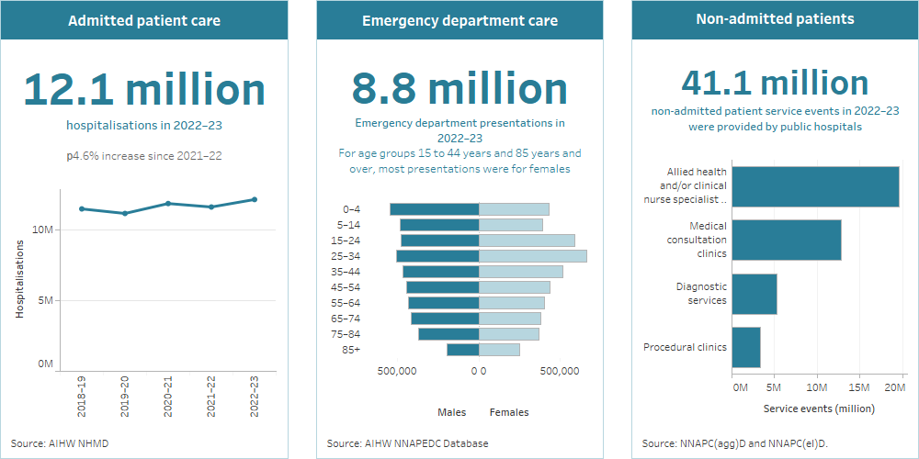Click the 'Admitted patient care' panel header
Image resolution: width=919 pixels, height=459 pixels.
[x=143, y=20]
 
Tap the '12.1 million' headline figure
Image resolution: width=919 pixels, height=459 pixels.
[x=143, y=89]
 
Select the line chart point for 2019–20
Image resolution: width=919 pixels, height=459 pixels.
[x=125, y=213]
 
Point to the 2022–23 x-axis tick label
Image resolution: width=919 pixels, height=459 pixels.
[x=255, y=397]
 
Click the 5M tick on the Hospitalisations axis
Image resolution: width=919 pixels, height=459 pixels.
[x=43, y=300]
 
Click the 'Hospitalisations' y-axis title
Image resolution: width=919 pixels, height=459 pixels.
[x=19, y=279]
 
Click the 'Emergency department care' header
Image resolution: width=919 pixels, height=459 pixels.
[x=459, y=20]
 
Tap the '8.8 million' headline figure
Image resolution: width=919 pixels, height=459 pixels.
[x=459, y=89]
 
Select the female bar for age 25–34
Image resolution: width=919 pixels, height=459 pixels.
[x=532, y=256]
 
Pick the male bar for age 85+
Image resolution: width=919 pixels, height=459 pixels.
[x=462, y=350]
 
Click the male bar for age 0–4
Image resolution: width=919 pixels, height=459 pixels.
[x=434, y=209]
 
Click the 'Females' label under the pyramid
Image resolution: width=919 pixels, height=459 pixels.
[x=509, y=412]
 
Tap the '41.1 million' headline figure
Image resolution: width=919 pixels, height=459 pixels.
[x=775, y=84]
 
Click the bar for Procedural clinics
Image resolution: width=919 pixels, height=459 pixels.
[x=745, y=347]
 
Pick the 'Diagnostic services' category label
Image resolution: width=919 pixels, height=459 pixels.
[x=701, y=293]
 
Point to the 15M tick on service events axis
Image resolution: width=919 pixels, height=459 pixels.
[x=858, y=387]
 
